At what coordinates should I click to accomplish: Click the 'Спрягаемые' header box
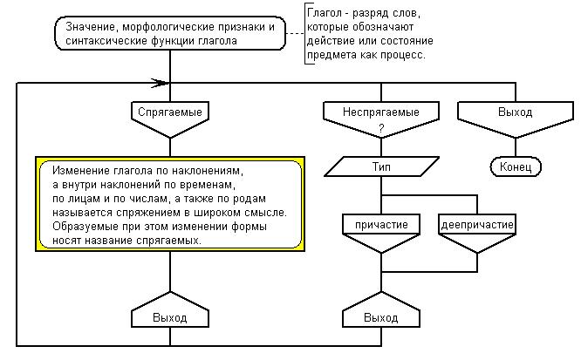(x=171, y=112)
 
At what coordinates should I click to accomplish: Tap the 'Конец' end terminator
(x=516, y=166)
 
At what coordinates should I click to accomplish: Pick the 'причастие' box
(x=381, y=224)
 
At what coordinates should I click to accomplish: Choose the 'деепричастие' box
(x=476, y=224)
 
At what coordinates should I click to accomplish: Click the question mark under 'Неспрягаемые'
(x=381, y=128)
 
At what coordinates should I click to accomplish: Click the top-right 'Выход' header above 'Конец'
(x=515, y=112)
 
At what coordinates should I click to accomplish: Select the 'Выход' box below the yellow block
(x=171, y=318)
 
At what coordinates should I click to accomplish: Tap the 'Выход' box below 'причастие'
(x=381, y=318)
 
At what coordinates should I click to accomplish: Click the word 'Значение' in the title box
(x=92, y=26)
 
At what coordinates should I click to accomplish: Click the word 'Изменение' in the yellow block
(x=81, y=171)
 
